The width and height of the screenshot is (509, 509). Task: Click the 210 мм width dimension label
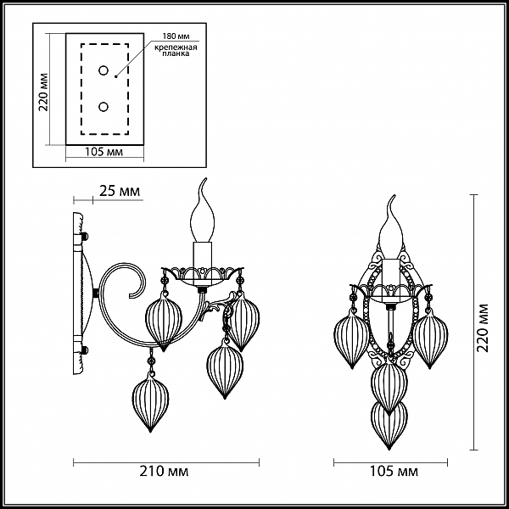click(x=164, y=472)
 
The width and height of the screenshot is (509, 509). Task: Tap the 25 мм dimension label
click(x=120, y=191)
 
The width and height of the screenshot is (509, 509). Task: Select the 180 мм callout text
click(x=176, y=36)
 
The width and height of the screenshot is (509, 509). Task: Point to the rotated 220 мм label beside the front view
click(x=483, y=327)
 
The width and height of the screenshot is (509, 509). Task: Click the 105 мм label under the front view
click(x=394, y=472)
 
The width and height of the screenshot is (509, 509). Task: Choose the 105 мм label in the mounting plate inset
click(x=103, y=152)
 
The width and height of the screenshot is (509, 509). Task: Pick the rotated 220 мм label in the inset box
click(x=43, y=92)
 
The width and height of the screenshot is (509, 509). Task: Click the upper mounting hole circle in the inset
click(x=103, y=70)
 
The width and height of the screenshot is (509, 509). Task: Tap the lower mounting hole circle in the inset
click(x=103, y=107)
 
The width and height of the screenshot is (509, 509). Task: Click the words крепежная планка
click(x=176, y=51)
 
